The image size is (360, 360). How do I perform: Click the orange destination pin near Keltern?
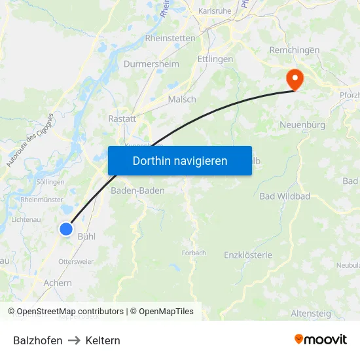pyautogui.click(x=295, y=79)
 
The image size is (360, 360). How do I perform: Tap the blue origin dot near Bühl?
pyautogui.click(x=66, y=228)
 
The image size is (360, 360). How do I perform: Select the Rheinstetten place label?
pyautogui.click(x=170, y=38)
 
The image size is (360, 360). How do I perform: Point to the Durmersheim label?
pyautogui.click(x=151, y=64)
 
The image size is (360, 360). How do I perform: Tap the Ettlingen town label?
pyautogui.click(x=215, y=59)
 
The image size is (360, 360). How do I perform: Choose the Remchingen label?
pyautogui.click(x=295, y=50)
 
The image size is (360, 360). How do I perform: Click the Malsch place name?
pyautogui.click(x=182, y=99)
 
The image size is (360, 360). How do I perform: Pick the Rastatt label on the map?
pyautogui.click(x=122, y=119)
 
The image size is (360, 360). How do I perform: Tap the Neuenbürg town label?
pyautogui.click(x=302, y=124)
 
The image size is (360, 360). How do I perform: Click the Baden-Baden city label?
pyautogui.click(x=137, y=190)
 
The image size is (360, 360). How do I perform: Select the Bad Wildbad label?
pyautogui.click(x=285, y=196)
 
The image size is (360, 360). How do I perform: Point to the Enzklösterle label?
pyautogui.click(x=248, y=255)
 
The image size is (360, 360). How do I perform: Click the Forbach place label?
pyautogui.click(x=194, y=253)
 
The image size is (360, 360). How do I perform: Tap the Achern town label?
pyautogui.click(x=58, y=283)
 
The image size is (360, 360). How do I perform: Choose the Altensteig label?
pyautogui.click(x=310, y=314)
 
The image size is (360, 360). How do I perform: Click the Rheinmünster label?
pyautogui.click(x=42, y=200)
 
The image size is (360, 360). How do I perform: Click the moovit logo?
pyautogui.click(x=320, y=339)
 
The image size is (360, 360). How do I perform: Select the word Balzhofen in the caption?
pyautogui.click(x=38, y=340)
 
